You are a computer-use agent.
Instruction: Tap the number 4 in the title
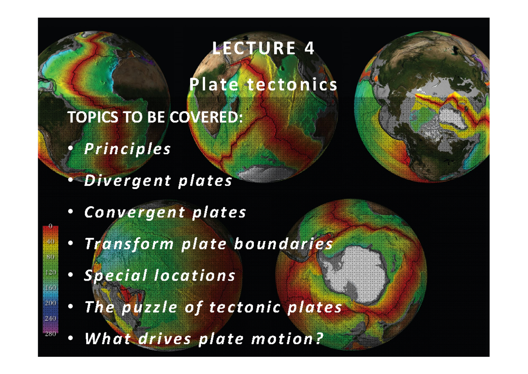click(x=310, y=49)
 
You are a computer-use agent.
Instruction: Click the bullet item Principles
click(x=127, y=149)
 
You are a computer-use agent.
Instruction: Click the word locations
click(x=194, y=276)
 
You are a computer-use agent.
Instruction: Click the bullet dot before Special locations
click(x=70, y=276)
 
